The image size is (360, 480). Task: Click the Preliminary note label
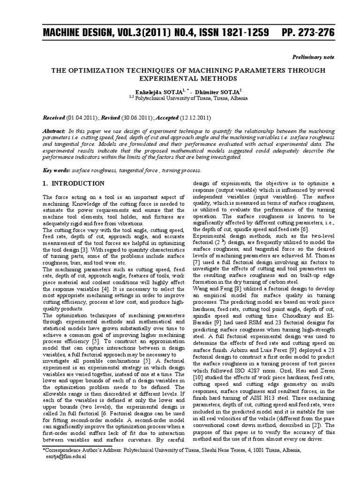coord(314,57)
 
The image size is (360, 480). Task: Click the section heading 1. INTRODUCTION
coord(73,183)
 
